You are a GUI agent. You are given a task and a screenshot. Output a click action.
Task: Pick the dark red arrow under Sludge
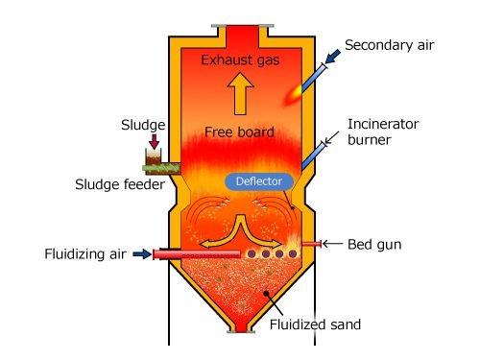[150, 142]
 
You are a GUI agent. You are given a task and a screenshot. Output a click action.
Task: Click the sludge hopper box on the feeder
[150, 159]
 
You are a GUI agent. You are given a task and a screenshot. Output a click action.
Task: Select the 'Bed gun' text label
[372, 245]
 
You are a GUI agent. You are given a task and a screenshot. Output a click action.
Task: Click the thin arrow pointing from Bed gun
[332, 245]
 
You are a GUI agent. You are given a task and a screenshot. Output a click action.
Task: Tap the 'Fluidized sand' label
[315, 324]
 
